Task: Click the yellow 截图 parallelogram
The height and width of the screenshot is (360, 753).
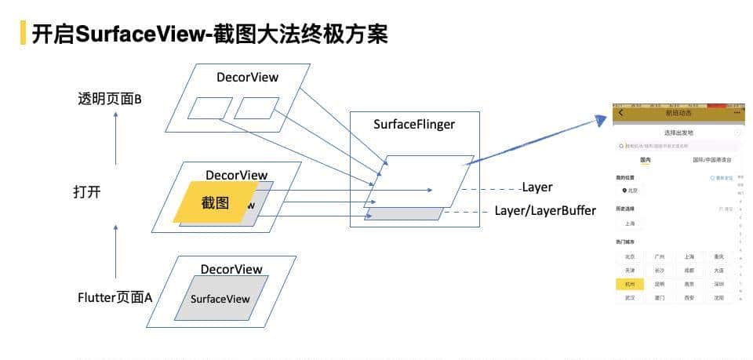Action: coord(214,202)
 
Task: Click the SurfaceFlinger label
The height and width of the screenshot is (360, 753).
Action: coord(414,124)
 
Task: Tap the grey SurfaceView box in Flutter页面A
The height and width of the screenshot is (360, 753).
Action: coord(220,298)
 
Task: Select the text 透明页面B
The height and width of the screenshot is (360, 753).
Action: coord(109,99)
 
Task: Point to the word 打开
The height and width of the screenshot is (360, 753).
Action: coord(87,192)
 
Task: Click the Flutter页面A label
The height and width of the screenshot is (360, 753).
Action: coord(115,298)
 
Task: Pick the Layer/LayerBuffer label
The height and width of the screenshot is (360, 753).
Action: coord(545,211)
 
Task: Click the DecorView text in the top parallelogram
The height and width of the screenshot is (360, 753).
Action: coord(248,77)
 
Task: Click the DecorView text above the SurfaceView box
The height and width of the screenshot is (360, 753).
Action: coord(231,269)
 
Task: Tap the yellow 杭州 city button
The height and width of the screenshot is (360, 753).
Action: coord(630,284)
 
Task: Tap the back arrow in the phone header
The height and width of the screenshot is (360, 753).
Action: coord(622,113)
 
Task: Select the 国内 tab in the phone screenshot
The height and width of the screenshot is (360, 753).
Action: coord(646,160)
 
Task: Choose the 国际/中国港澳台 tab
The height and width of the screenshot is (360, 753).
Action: coord(711,160)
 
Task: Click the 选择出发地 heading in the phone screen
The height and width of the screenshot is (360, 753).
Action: coord(678,133)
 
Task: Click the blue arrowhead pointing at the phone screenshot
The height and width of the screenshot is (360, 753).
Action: coord(601,120)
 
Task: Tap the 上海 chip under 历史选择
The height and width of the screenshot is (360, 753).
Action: coord(630,224)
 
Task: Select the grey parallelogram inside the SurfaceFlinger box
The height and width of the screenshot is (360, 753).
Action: coord(404,213)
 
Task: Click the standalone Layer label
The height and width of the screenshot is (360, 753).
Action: coord(537,187)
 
